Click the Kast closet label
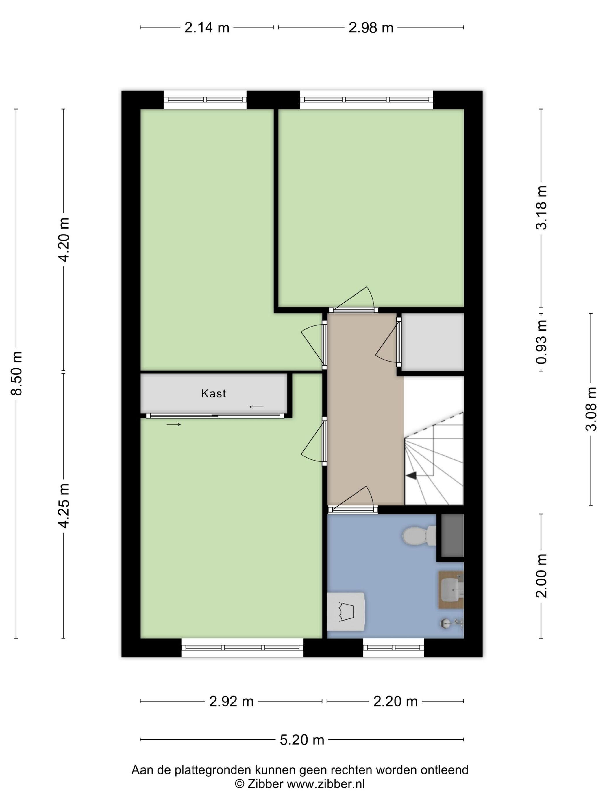point(213,394)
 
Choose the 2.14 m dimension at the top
point(207,27)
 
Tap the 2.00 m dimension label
point(541,576)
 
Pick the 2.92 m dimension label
point(231,701)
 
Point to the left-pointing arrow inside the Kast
point(256,407)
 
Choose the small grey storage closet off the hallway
point(433,342)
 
